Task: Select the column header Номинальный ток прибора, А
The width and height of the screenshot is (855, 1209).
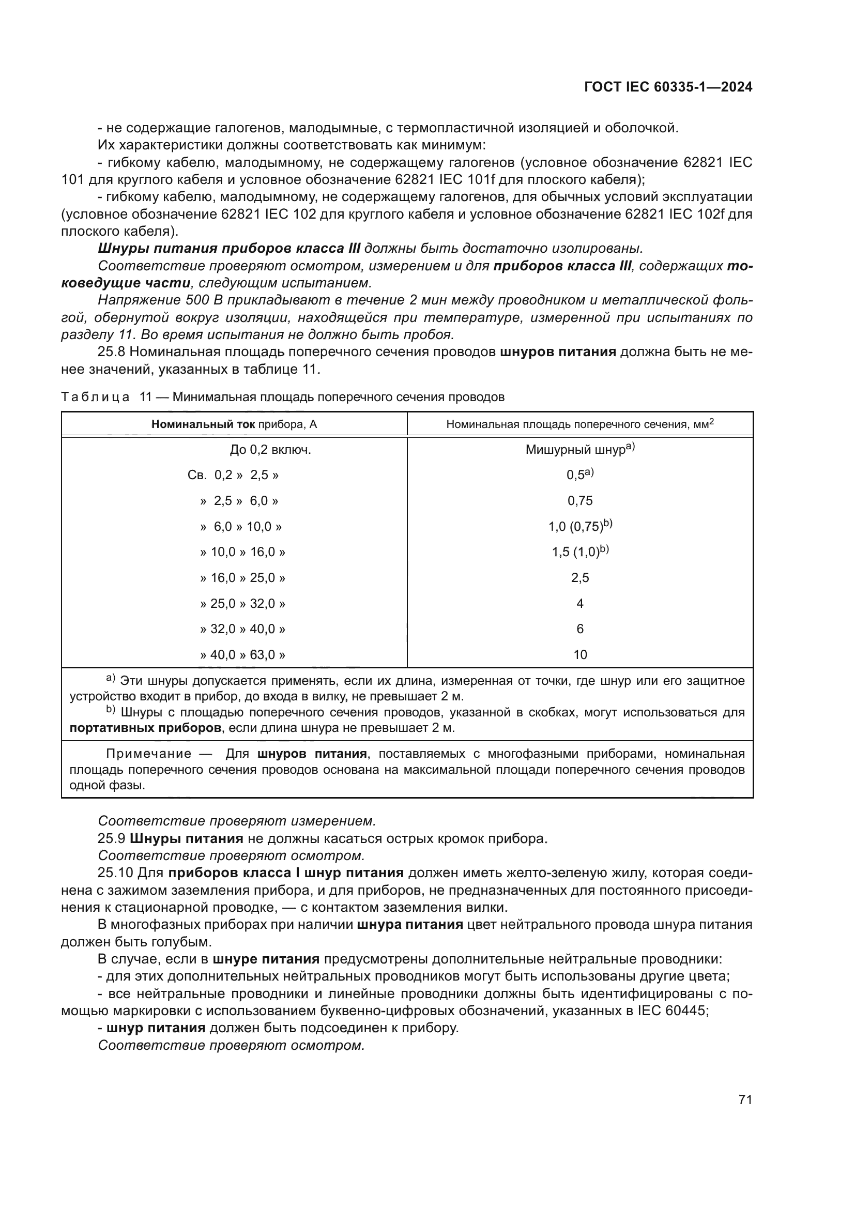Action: (x=234, y=424)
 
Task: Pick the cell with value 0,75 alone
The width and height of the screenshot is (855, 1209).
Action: (x=579, y=501)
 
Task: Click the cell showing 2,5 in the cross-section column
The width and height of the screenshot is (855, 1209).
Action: (x=579, y=578)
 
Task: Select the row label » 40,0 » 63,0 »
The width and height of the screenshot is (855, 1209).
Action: (x=243, y=655)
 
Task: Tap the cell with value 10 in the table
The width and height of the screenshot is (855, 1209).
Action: (x=579, y=655)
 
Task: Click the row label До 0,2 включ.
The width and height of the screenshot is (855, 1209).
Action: (x=270, y=450)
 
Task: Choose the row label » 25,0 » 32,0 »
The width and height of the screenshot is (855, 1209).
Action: (x=243, y=603)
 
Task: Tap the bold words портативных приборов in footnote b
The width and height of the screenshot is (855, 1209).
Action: (x=145, y=728)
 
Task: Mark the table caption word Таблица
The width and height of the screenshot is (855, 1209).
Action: (x=95, y=397)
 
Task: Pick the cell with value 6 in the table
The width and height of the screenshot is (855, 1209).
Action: (x=579, y=629)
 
